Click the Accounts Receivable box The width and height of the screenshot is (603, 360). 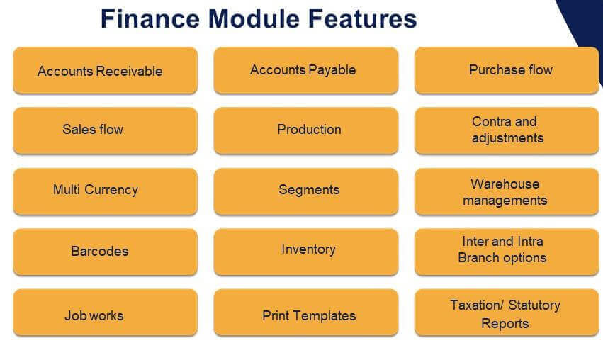click(x=106, y=70)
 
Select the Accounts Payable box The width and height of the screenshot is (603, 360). click(x=306, y=70)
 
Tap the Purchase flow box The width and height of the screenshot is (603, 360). click(x=507, y=70)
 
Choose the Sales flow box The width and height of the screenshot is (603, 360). click(x=106, y=131)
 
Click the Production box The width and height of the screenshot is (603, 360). click(x=306, y=131)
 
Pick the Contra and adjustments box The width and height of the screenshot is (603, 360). click(x=507, y=131)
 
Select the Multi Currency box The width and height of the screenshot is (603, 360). click(x=106, y=191)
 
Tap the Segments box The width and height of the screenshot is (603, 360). click(x=306, y=191)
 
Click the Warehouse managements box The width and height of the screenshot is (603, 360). click(x=507, y=191)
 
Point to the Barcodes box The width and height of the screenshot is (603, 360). click(x=106, y=252)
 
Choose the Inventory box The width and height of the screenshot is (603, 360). click(x=306, y=252)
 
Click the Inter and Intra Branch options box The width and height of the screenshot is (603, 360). click(x=507, y=252)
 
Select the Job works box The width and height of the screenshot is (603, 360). click(x=106, y=313)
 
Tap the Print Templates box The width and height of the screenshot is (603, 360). click(x=306, y=313)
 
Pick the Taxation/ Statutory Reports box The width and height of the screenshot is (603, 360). click(x=507, y=313)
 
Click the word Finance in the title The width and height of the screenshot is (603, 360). click(x=150, y=18)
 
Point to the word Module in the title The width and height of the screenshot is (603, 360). click(x=254, y=18)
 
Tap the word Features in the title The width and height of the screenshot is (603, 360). click(x=363, y=18)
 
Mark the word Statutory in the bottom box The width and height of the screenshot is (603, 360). click(x=534, y=305)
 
